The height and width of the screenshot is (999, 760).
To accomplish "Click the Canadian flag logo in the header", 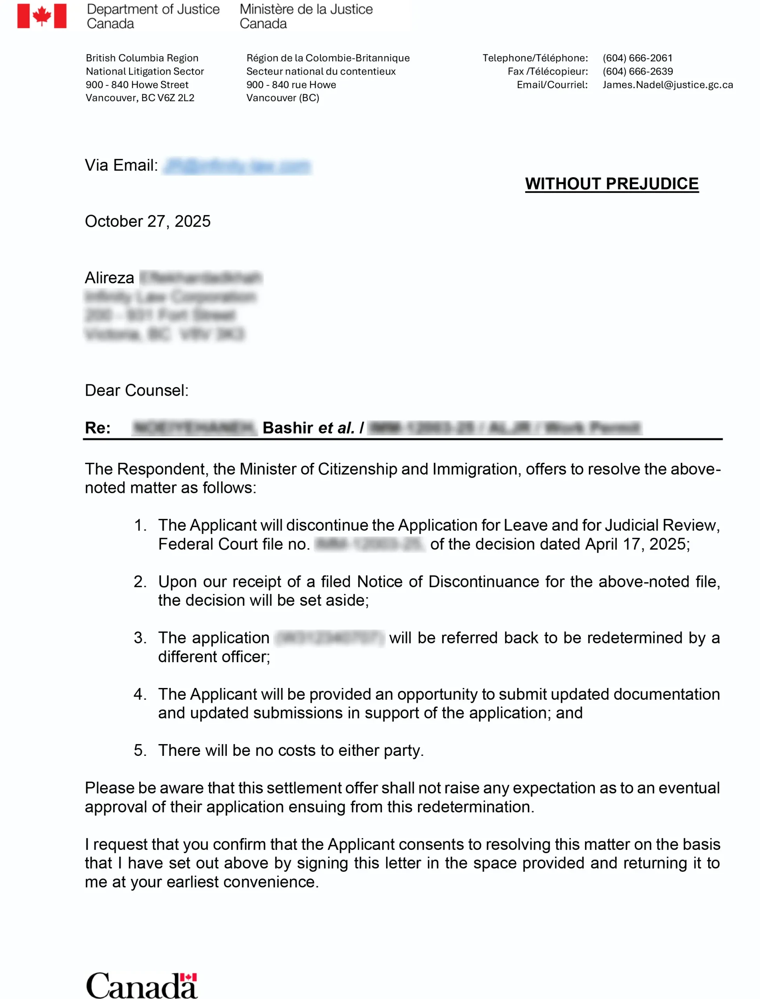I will pos(42,16).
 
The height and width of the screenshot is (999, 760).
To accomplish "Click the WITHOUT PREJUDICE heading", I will pos(611,184).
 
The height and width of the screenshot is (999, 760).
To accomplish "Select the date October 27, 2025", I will pos(147,221).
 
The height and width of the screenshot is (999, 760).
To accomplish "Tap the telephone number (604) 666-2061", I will pos(638,58).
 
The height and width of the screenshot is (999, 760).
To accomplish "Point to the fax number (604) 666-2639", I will pos(638,71).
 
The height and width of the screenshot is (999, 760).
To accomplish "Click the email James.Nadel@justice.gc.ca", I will pos(667,85).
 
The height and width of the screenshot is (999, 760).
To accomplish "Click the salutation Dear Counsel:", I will pos(136,390).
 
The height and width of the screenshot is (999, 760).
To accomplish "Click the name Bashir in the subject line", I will pos(288,428).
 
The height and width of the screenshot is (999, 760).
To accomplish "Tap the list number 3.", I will pos(140,638).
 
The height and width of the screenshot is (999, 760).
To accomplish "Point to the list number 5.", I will pos(140,750).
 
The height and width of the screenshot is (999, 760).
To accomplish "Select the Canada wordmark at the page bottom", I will pos(142,985).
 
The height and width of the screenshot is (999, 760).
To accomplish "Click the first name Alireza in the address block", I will pos(110,277).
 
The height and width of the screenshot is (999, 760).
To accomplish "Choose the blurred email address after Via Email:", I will pos(237,166).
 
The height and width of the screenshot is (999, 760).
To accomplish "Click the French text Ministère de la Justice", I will pos(306,9).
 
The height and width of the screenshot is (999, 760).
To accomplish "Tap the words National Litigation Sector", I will pos(145,71).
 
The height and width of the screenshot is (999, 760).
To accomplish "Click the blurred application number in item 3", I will pos(330,638).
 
